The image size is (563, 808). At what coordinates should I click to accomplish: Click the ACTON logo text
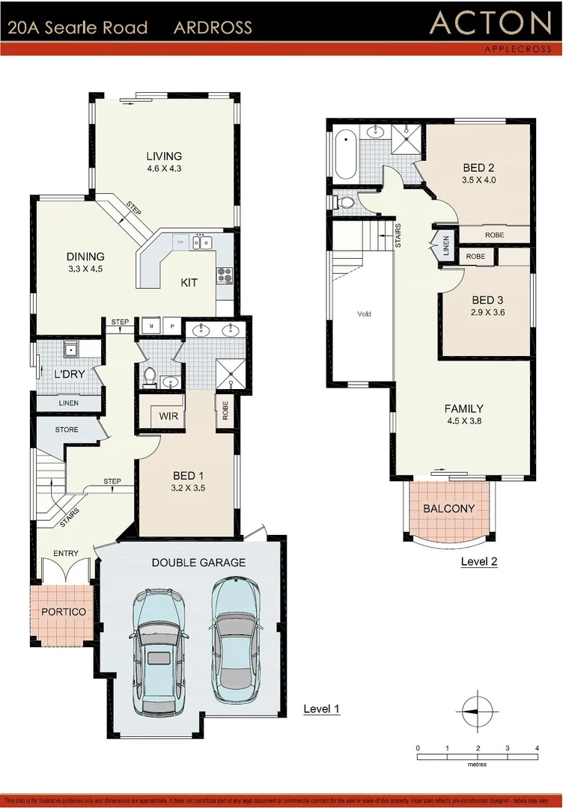pyautogui.click(x=490, y=24)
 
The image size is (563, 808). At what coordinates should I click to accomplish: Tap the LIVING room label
pyautogui.click(x=164, y=156)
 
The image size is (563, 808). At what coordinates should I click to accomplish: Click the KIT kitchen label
pyautogui.click(x=189, y=283)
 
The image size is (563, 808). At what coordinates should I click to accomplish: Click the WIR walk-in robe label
pyautogui.click(x=168, y=416)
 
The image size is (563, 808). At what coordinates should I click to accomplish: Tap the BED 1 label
pyautogui.click(x=188, y=476)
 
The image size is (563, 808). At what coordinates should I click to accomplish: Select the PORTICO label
pyautogui.click(x=63, y=612)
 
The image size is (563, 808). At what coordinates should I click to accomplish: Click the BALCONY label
pyautogui.click(x=449, y=509)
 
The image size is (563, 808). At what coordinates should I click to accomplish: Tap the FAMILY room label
pyautogui.click(x=463, y=408)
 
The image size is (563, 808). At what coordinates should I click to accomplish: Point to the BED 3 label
pyautogui.click(x=487, y=300)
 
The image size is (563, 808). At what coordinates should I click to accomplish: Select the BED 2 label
pyautogui.click(x=479, y=168)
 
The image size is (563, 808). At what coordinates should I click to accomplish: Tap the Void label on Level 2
pyautogui.click(x=364, y=314)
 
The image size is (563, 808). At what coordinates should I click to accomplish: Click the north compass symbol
pyautogui.click(x=477, y=709)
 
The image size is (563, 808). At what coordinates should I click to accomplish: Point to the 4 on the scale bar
pyautogui.click(x=537, y=748)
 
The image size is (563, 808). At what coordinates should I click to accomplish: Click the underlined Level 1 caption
pyautogui.click(x=321, y=708)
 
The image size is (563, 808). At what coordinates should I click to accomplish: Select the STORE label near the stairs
pyautogui.click(x=67, y=430)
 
